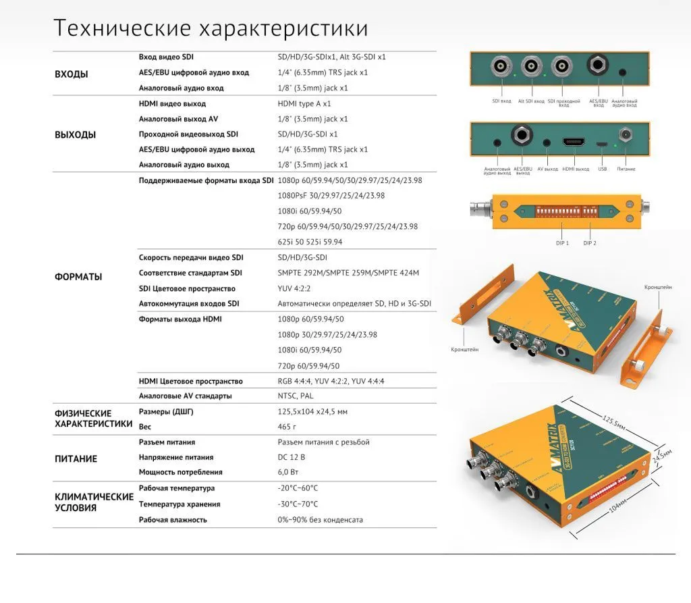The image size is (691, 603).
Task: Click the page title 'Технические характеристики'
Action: [x=211, y=28]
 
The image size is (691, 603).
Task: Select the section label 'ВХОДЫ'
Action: [x=71, y=74]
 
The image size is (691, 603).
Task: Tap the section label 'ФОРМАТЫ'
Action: [x=78, y=277]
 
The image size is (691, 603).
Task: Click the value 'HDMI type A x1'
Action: [x=304, y=104]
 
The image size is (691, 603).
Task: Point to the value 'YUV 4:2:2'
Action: [x=296, y=288]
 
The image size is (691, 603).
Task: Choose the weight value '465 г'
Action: [x=287, y=427]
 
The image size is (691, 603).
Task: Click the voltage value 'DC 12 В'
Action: [x=291, y=457]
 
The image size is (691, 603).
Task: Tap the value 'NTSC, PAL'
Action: [x=296, y=396]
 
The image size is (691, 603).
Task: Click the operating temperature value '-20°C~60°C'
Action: [x=298, y=488]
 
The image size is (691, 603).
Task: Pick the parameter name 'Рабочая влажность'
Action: [x=173, y=520]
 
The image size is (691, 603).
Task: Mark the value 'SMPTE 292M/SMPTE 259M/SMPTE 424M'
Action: [x=348, y=273]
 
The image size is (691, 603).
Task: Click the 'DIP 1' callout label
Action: [x=562, y=243]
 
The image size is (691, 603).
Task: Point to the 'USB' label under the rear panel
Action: [x=602, y=169]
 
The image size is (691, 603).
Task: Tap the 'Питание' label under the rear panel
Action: [x=626, y=169]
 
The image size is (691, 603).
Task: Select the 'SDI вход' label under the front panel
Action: [x=501, y=101]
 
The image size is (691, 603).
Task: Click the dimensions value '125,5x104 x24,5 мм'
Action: [x=312, y=411]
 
